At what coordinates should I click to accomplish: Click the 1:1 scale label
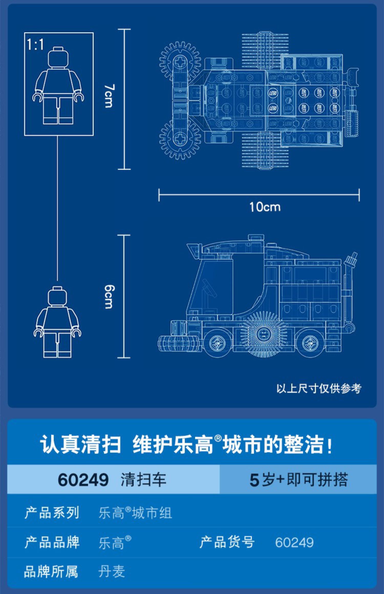[x=35, y=45]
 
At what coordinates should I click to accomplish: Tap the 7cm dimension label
[x=109, y=96]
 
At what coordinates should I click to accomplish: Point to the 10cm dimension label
[x=265, y=207]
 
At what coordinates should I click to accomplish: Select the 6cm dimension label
[x=109, y=297]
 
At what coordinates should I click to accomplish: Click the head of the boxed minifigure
[x=59, y=58]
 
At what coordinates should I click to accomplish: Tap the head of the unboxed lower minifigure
[x=57, y=297]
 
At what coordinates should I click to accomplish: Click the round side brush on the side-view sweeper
[x=264, y=334]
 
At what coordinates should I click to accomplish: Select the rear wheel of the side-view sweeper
[x=310, y=343]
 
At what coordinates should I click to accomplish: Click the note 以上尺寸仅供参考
[x=319, y=388]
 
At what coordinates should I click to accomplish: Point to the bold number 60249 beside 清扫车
[x=83, y=480]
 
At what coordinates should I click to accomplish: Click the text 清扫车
[x=144, y=480]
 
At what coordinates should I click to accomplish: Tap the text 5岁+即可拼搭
[x=298, y=480]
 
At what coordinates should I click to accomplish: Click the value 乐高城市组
[x=135, y=513]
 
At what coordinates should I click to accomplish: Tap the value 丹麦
[x=112, y=571]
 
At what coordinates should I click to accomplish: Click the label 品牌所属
[x=51, y=571]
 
